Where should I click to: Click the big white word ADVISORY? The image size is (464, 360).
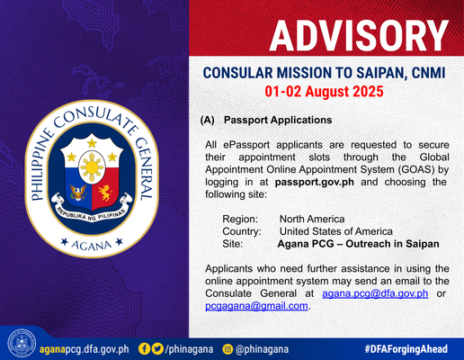click(x=359, y=36)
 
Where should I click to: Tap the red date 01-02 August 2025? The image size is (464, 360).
click(x=324, y=92)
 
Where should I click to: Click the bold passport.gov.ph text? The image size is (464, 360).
click(x=315, y=182)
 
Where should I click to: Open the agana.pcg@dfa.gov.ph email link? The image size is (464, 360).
click(x=375, y=293)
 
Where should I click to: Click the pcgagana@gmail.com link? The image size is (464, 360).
click(x=256, y=306)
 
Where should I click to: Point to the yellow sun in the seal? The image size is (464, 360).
click(x=92, y=166)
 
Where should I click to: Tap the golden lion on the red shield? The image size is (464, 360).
click(x=105, y=193)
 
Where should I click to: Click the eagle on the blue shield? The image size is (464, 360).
click(x=78, y=193)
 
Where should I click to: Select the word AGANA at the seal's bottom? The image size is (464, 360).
click(x=92, y=246)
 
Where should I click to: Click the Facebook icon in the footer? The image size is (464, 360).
click(x=144, y=349)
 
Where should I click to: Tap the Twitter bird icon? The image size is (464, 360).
click(x=157, y=349)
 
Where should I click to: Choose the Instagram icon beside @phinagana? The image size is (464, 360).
click(x=228, y=349)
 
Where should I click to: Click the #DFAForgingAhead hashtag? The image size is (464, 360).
click(x=406, y=349)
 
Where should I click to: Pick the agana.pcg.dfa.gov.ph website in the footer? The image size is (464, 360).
click(x=85, y=349)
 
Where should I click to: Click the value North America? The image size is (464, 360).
click(x=312, y=219)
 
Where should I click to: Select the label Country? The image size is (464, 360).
click(x=242, y=231)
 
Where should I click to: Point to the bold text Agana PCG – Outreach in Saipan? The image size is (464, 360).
click(x=358, y=244)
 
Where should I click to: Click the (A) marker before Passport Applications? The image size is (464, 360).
click(x=208, y=120)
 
